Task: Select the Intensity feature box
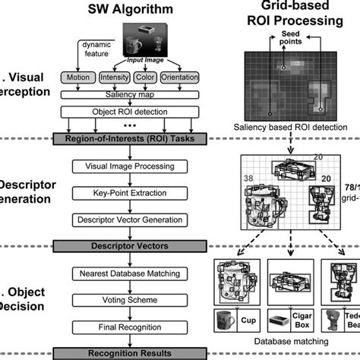coord(114,77)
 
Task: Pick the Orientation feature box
coord(188,77)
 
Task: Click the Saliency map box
coord(129,93)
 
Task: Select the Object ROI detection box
coord(129,111)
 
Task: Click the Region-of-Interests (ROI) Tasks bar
coord(129,138)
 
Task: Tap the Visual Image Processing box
coord(129,166)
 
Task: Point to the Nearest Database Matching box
coord(129,273)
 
